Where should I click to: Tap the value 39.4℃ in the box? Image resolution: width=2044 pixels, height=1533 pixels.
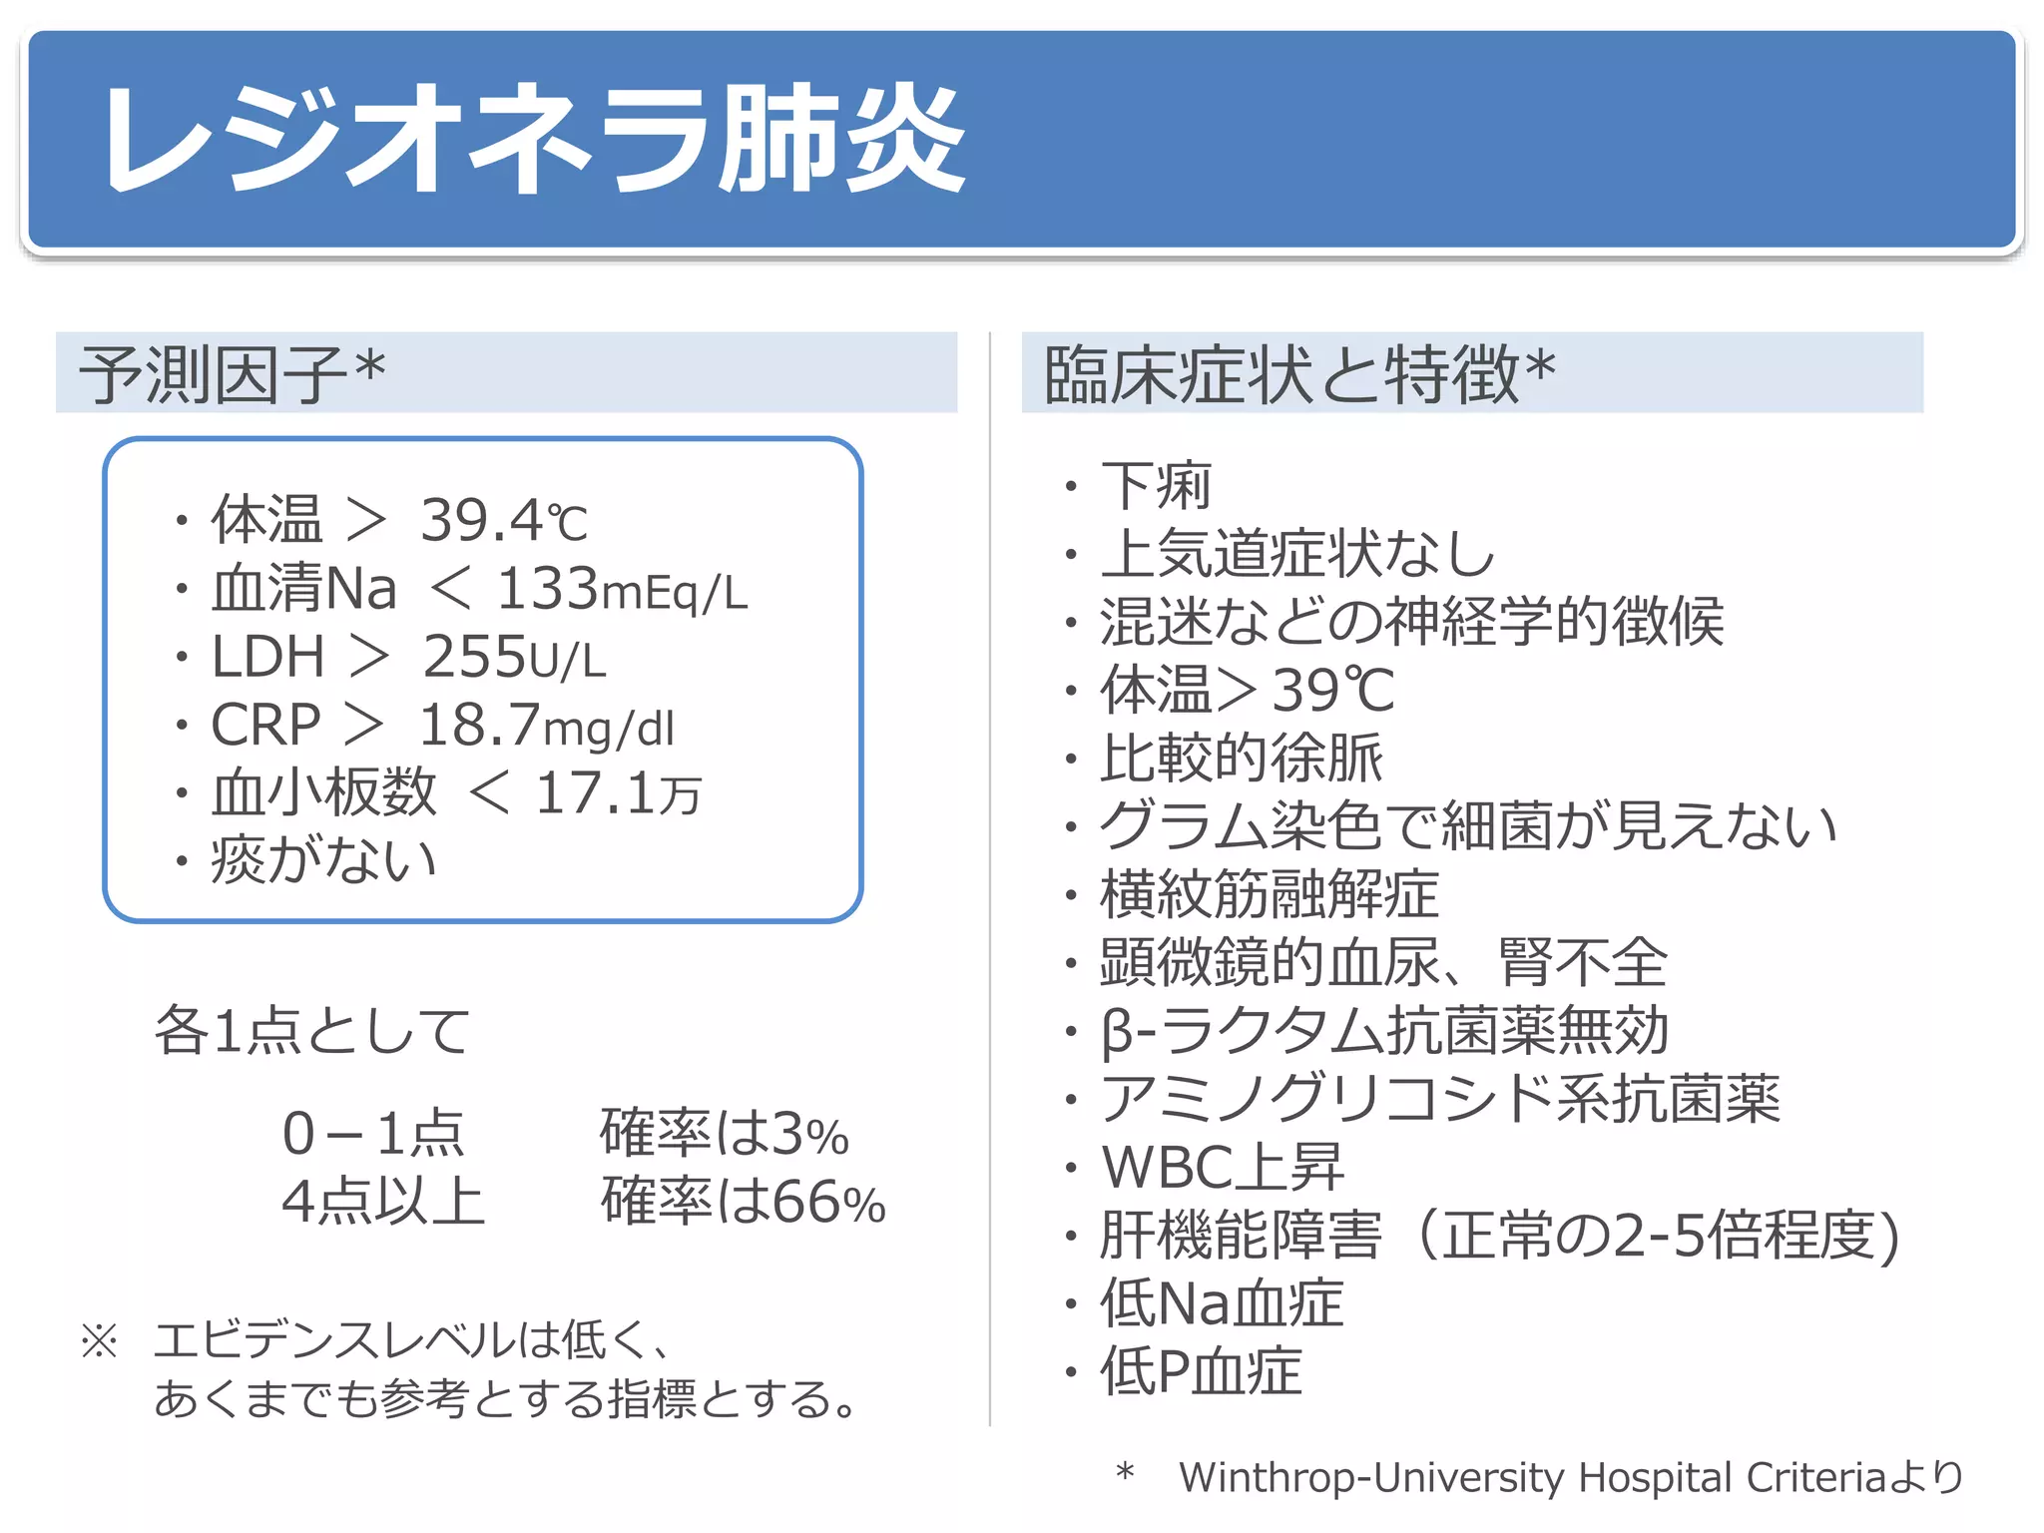pyautogui.click(x=504, y=520)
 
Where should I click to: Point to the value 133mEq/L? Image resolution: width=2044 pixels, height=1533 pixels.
pyautogui.click(x=622, y=589)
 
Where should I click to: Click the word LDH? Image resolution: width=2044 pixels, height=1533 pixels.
pyautogui.click(x=267, y=657)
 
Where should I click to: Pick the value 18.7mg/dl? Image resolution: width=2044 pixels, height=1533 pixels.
pyautogui.click(x=547, y=725)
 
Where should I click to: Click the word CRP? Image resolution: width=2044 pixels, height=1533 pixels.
pyautogui.click(x=265, y=725)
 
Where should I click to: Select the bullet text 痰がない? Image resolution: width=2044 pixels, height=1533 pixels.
pyautogui.click(x=323, y=860)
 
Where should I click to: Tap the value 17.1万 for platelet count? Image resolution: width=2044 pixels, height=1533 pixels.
pyautogui.click(x=619, y=793)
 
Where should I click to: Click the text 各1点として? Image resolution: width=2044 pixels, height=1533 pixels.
pyautogui.click(x=311, y=1030)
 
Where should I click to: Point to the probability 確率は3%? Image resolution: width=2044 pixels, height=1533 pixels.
pyautogui.click(x=724, y=1134)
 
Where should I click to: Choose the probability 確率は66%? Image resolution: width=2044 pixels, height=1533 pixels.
pyautogui.click(x=743, y=1202)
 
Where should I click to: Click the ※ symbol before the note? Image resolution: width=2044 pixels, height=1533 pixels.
pyautogui.click(x=100, y=1340)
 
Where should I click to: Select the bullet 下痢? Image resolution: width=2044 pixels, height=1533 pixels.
pyautogui.click(x=1156, y=486)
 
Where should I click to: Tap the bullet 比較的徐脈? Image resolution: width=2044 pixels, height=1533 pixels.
pyautogui.click(x=1242, y=758)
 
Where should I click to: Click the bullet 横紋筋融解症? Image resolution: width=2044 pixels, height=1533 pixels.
pyautogui.click(x=1269, y=894)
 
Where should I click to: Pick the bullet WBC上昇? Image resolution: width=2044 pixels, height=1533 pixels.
pyautogui.click(x=1223, y=1167)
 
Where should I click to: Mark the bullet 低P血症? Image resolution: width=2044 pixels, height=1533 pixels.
pyautogui.click(x=1201, y=1371)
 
